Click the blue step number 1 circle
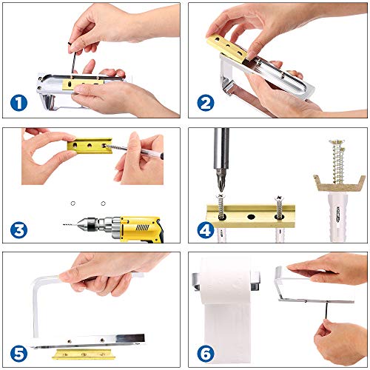[18, 103]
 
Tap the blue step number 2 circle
[206, 103]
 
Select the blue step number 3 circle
[18, 230]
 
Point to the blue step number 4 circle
[206, 229]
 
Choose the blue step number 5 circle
[18, 354]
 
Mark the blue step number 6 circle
[206, 354]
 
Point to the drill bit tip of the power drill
[64, 224]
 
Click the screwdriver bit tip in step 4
[221, 190]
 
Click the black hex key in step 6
[327, 312]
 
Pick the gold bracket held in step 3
[90, 146]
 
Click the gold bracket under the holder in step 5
[84, 354]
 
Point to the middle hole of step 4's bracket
[251, 217]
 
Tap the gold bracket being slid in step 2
[227, 47]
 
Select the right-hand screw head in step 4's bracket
[278, 198]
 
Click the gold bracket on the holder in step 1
[83, 84]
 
